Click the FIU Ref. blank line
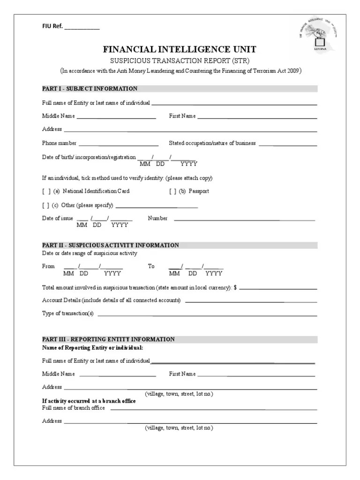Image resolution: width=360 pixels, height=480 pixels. pyautogui.click(x=82, y=28)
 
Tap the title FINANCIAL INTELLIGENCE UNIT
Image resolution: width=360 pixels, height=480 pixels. pyautogui.click(x=180, y=50)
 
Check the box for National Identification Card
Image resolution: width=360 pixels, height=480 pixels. pyautogui.click(x=46, y=191)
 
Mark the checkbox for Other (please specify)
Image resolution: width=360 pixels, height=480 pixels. pyautogui.click(x=46, y=205)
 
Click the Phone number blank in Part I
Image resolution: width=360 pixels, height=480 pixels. pyautogui.click(x=118, y=144)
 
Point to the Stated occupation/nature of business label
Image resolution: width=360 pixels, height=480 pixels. pyautogui.click(x=212, y=143)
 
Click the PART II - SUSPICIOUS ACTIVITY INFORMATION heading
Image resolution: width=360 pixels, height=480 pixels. pyautogui.click(x=111, y=245)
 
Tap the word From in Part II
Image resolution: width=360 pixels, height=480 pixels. pyautogui.click(x=48, y=266)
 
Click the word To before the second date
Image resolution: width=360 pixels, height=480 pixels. pyautogui.click(x=151, y=266)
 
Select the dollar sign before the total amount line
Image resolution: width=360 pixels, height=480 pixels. pyautogui.click(x=235, y=287)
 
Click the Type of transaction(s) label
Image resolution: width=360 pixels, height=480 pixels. pyautogui.click(x=68, y=314)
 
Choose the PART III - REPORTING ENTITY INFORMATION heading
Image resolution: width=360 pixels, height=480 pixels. pyautogui.click(x=108, y=339)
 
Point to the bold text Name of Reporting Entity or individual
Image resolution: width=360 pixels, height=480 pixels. pyautogui.click(x=92, y=348)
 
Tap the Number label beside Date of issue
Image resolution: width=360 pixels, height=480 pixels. pyautogui.click(x=157, y=218)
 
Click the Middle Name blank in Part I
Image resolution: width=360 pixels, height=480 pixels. pyautogui.click(x=116, y=117)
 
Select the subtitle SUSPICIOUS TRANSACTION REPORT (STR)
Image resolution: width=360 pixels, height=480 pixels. pyautogui.click(x=180, y=61)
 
